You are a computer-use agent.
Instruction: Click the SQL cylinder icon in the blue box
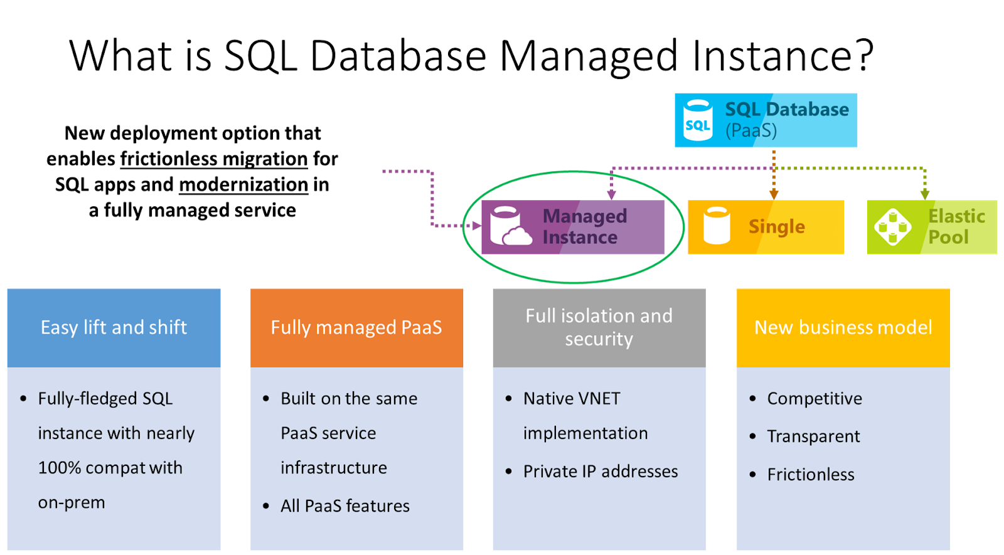pos(697,120)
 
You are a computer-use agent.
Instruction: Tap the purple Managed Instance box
pos(572,227)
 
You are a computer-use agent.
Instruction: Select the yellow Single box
pos(766,227)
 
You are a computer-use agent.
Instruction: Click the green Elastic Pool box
pos(932,227)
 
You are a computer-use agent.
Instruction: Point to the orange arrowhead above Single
pos(774,195)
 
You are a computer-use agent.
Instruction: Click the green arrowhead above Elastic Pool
pos(925,195)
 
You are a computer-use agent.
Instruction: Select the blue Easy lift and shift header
pos(114,327)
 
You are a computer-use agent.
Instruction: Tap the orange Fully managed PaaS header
pos(356,327)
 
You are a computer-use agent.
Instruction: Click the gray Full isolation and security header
pos(599,327)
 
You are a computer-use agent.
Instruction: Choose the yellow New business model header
pos(843,327)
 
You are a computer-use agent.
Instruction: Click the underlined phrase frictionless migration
pos(214,159)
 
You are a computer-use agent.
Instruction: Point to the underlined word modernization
pos(243,184)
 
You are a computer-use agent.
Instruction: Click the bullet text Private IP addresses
pos(601,472)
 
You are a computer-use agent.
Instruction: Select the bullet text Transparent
pos(813,436)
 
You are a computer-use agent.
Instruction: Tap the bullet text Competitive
pos(814,399)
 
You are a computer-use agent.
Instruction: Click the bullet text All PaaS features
pos(345,506)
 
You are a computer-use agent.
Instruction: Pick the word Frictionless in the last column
pos(811,475)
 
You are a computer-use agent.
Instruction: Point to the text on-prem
pos(72,503)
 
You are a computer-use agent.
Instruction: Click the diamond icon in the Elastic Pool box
pos(892,227)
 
